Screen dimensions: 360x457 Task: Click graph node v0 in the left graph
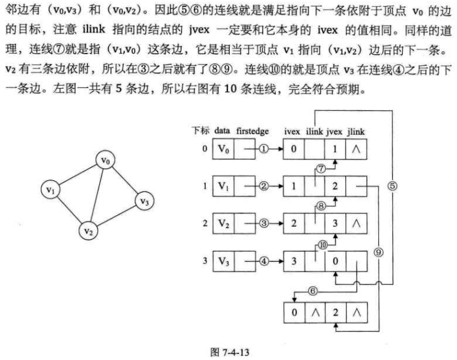[106, 161]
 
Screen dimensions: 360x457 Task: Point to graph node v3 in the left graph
[144, 201]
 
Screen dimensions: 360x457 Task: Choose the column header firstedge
[253, 132]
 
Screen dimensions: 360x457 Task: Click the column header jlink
[355, 132]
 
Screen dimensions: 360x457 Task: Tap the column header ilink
[313, 132]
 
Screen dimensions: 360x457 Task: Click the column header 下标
[201, 132]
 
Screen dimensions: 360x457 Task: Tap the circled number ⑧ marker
[321, 206]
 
